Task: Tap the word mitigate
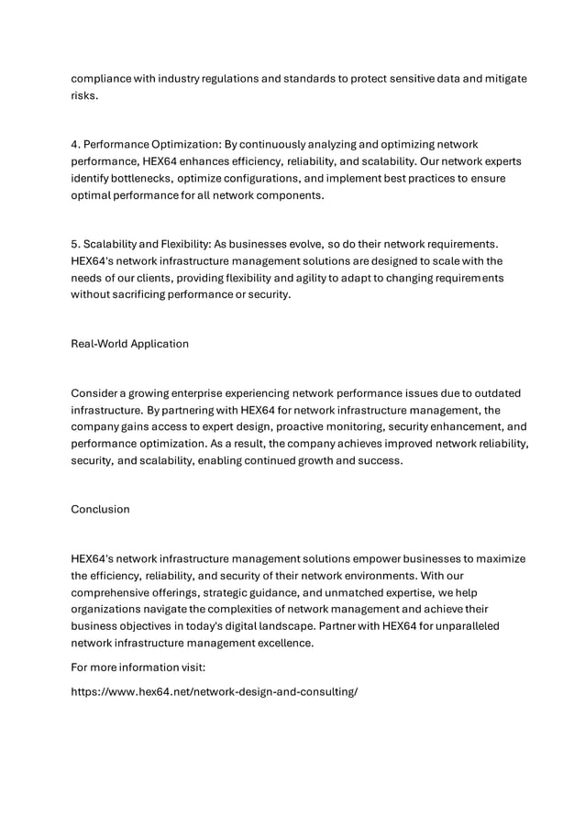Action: click(502, 79)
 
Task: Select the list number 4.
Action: click(74, 145)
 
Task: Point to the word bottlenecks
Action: click(137, 178)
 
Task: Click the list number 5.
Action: click(74, 244)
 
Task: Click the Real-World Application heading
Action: click(129, 344)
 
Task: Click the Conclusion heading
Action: click(100, 509)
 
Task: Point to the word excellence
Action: click(284, 643)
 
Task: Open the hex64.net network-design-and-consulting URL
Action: click(214, 692)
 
